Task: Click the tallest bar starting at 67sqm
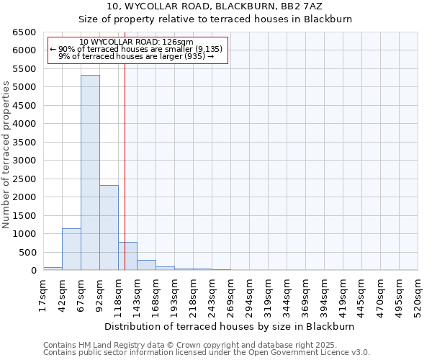pos(90,173)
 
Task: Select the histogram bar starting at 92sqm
pos(109,228)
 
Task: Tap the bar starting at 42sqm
pos(71,249)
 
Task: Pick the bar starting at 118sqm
pos(127,256)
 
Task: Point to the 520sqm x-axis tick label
pos(418,296)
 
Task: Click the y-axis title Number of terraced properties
pos(7,154)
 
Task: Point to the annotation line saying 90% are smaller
pos(136,49)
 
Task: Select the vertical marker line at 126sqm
pos(125,180)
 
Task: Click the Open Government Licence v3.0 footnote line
pos(207,353)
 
